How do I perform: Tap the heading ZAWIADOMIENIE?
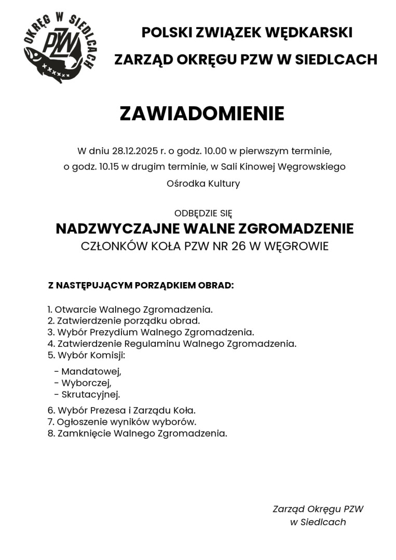(202, 114)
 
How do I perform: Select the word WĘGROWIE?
(296, 246)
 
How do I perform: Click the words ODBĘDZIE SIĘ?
(203, 213)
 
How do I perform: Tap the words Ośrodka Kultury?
(203, 184)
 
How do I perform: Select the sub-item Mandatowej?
(91, 372)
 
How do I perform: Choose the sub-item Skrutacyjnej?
(90, 395)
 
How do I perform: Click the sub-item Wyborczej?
(86, 383)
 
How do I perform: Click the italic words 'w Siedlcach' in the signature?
(318, 522)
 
